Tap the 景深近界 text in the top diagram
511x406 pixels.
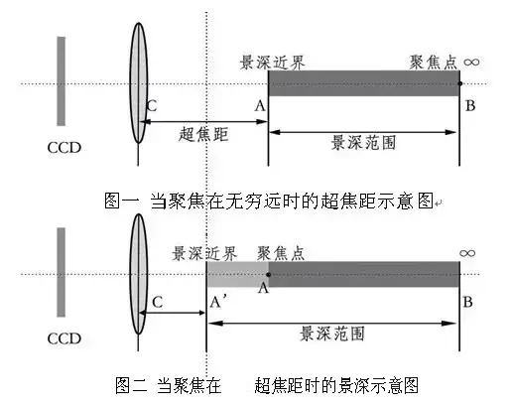pos(273,63)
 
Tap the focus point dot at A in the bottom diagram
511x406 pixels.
pos(268,273)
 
